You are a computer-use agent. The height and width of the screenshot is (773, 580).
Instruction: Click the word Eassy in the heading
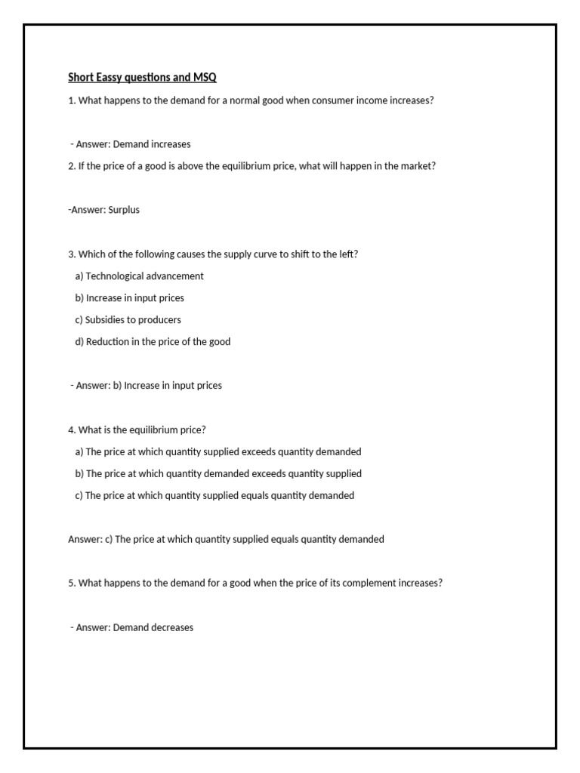pyautogui.click(x=108, y=77)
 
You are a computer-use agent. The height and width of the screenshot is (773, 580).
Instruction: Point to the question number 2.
pyautogui.click(x=71, y=166)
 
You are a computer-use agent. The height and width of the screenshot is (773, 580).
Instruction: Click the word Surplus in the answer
pyautogui.click(x=124, y=210)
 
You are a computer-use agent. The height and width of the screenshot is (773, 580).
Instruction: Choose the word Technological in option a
pyautogui.click(x=115, y=276)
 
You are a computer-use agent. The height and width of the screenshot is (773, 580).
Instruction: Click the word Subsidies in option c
pyautogui.click(x=106, y=320)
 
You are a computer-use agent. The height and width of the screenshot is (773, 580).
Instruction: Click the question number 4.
pyautogui.click(x=71, y=430)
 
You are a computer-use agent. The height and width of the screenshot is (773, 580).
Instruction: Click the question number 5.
pyautogui.click(x=71, y=584)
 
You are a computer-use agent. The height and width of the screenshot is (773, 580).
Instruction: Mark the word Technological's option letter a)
pyautogui.click(x=79, y=276)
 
